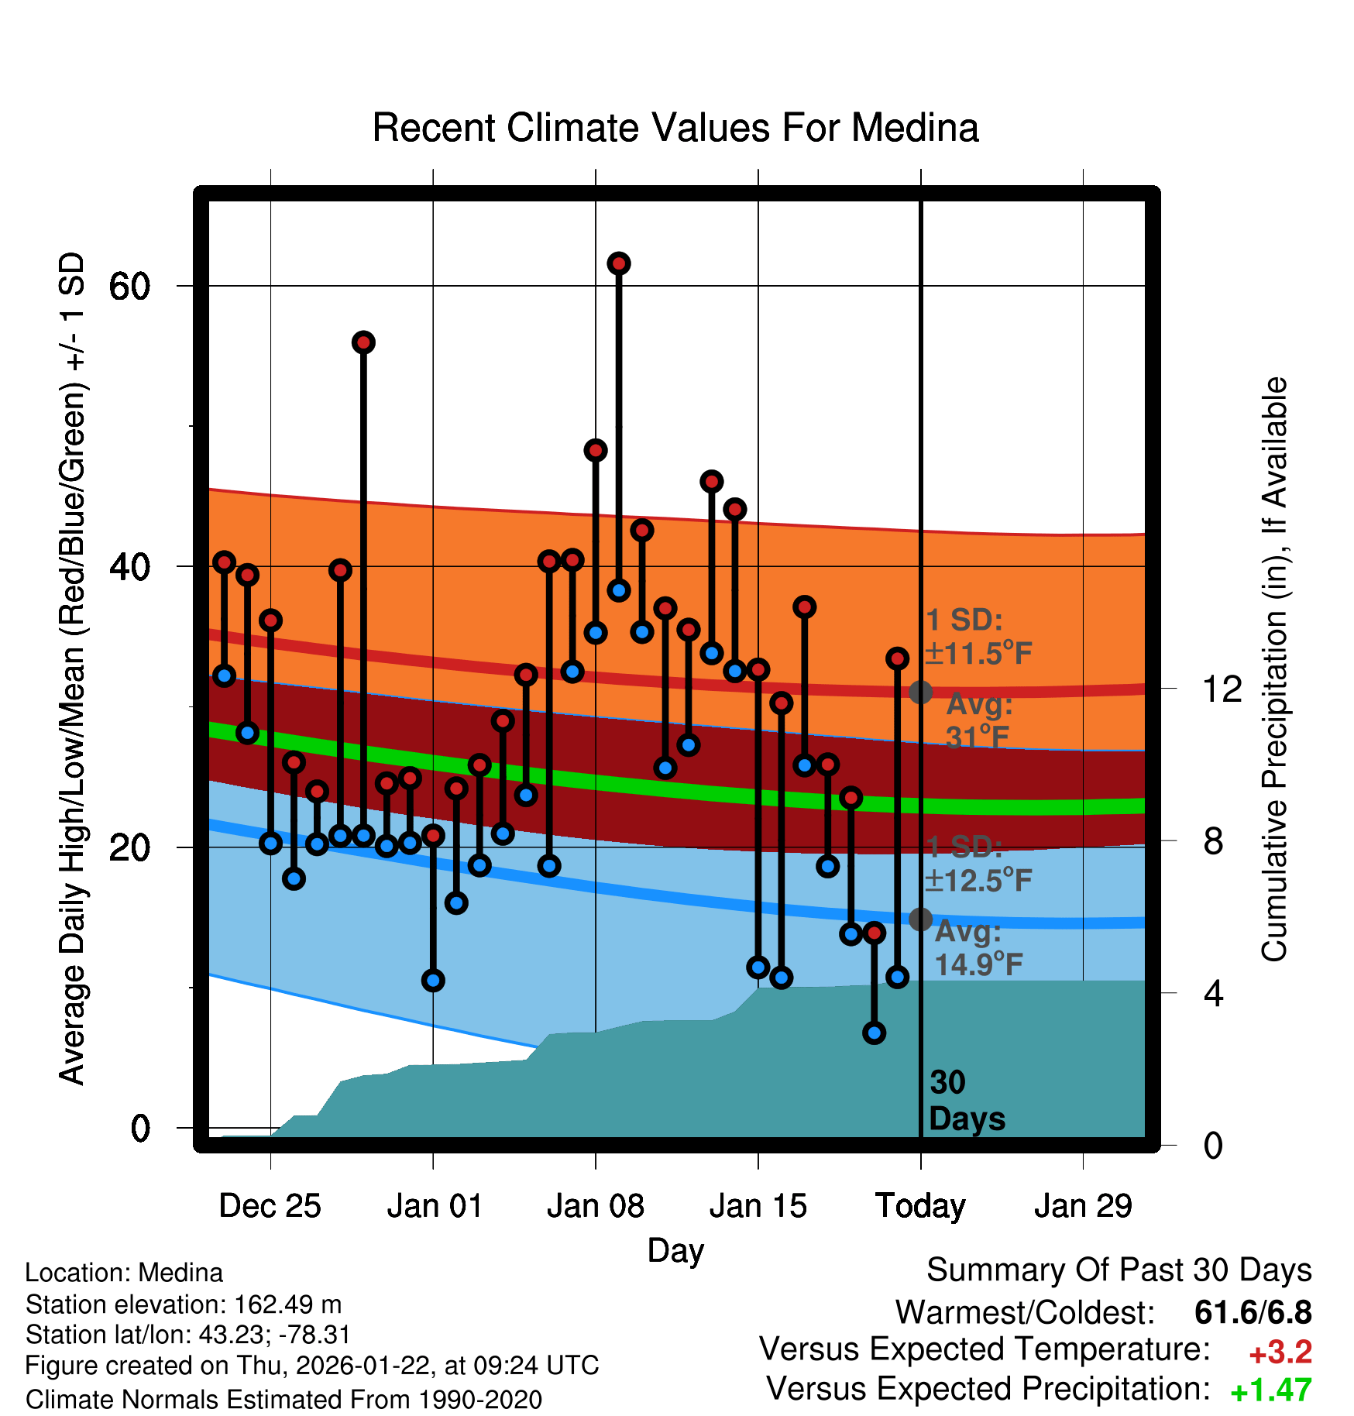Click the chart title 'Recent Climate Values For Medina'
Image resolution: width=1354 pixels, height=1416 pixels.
click(675, 128)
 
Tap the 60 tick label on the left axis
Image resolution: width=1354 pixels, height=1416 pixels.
click(129, 287)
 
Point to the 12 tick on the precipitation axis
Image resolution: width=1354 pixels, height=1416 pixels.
click(1222, 689)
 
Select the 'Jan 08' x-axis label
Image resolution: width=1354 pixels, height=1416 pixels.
click(595, 1206)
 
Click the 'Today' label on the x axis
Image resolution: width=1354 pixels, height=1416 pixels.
click(920, 1206)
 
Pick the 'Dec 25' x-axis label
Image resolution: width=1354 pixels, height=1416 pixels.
click(270, 1206)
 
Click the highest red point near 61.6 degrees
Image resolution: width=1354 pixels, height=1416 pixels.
click(618, 264)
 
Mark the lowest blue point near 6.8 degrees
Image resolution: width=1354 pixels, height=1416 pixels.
click(874, 1033)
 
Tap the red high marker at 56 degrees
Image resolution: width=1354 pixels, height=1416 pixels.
click(363, 342)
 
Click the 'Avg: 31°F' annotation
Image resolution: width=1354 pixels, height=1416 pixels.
click(979, 720)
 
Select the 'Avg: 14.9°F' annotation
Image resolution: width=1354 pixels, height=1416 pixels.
click(978, 948)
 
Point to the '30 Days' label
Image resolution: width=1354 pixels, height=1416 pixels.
click(966, 1101)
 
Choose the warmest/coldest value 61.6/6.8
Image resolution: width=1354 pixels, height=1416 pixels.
click(1253, 1312)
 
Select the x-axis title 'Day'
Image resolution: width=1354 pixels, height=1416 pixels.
click(675, 1250)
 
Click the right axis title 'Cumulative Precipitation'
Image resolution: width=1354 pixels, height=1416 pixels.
click(1273, 669)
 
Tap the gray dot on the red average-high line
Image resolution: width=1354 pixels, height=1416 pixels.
click(920, 692)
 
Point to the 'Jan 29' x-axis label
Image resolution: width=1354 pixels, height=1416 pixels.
click(1083, 1206)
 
